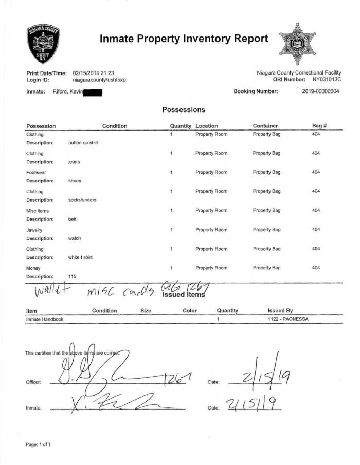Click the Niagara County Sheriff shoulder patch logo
[x=43, y=44]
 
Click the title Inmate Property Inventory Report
[x=184, y=39]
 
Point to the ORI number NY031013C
[x=326, y=80]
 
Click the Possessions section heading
[x=184, y=110]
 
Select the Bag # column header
[x=319, y=126]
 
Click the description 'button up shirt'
[x=83, y=143]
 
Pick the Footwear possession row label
[x=36, y=172]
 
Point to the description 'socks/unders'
[x=82, y=200]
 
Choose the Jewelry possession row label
[x=34, y=230]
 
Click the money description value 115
[x=73, y=277]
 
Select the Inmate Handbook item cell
[x=46, y=319]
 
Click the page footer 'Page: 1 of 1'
[x=38, y=444]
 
